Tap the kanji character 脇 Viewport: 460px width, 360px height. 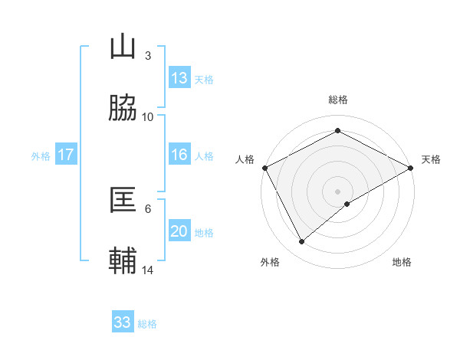click(123, 108)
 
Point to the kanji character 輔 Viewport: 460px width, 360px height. click(123, 260)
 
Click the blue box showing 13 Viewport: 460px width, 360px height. click(179, 78)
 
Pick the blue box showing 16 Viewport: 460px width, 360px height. click(179, 155)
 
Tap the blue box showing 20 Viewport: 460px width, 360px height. click(179, 231)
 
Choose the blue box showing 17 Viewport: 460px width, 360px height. click(66, 155)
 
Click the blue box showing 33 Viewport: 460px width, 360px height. click(123, 322)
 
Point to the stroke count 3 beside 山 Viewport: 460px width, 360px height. click(147, 56)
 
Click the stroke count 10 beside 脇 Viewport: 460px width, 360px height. click(147, 116)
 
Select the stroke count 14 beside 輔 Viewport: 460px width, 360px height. click(147, 270)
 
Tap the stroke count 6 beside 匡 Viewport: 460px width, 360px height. click(147, 208)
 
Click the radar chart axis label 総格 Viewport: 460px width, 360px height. click(338, 100)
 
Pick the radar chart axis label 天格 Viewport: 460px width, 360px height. click(431, 159)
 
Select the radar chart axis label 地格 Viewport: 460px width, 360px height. click(402, 262)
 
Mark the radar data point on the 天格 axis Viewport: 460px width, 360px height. click(411, 168)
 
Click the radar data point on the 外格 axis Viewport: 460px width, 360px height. click(302, 241)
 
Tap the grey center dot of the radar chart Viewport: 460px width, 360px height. click(338, 191)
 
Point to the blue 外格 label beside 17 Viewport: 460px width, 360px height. click(41, 155)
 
